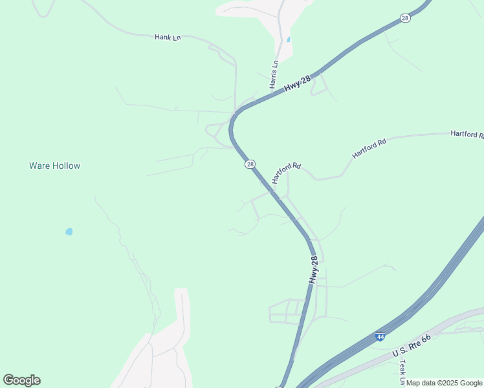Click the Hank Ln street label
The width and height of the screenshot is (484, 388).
tap(167, 38)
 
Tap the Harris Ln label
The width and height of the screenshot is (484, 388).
tap(274, 74)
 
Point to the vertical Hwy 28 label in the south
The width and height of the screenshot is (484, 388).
tap(314, 270)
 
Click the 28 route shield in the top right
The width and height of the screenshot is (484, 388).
tap(405, 18)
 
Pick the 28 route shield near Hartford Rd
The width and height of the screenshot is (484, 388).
tap(250, 165)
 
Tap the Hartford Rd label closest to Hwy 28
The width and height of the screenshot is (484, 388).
tap(287, 173)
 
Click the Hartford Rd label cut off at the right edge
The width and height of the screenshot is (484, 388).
tap(467, 134)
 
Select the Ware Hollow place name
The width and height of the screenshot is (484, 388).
tap(55, 166)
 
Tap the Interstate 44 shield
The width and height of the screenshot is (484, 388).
tap(380, 337)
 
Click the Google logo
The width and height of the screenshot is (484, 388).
tap(21, 380)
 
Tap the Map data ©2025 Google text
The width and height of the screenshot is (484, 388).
tap(444, 383)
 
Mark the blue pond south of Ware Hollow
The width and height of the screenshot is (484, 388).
tap(69, 232)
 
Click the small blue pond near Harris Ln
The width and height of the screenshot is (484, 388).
tap(288, 39)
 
